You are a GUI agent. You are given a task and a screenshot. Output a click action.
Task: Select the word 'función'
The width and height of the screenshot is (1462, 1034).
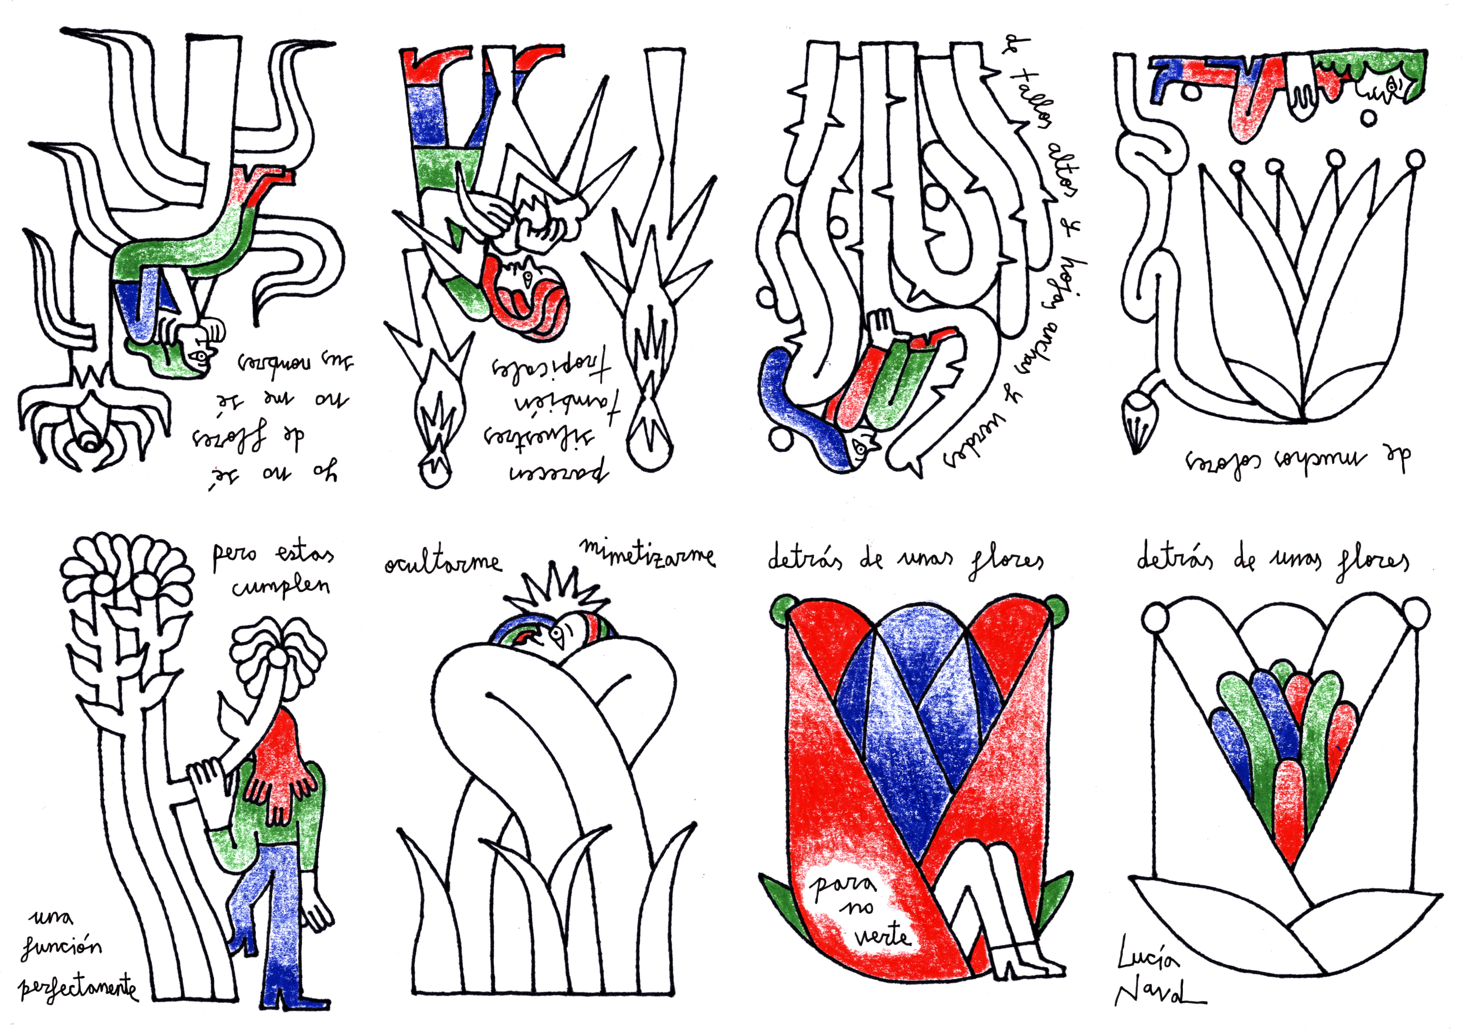tap(62, 947)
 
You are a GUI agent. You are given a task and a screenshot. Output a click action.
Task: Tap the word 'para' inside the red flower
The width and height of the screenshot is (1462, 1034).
tap(842, 885)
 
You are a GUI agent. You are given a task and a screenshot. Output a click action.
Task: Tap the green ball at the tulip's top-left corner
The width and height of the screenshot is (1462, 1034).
tap(784, 608)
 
